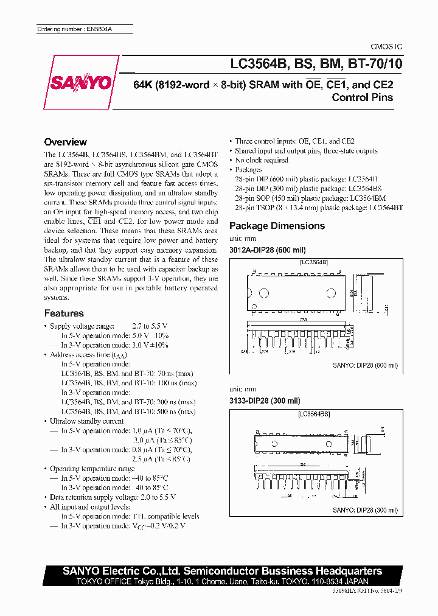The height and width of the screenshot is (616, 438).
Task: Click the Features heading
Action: (64, 313)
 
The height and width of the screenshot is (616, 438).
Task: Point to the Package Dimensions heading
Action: (277, 226)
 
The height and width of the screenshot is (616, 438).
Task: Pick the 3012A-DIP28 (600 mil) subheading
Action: (267, 250)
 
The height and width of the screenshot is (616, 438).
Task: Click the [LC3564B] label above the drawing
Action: (314, 262)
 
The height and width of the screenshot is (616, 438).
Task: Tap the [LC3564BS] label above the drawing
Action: (314, 414)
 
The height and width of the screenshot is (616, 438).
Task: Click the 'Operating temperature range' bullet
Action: (92, 469)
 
